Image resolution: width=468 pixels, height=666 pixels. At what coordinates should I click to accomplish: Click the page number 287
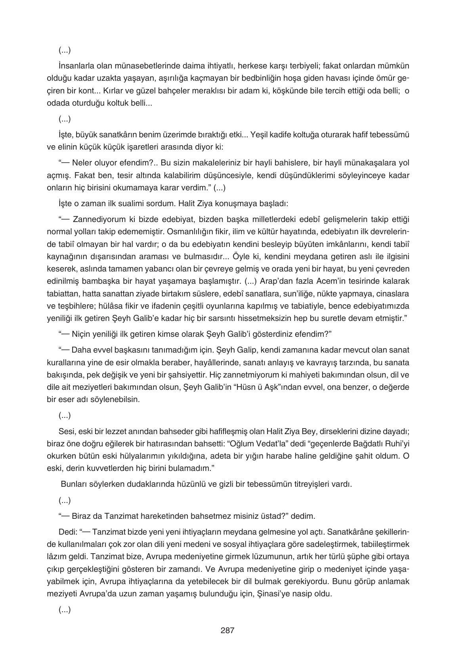click(227, 630)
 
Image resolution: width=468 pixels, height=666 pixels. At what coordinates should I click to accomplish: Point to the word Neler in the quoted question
click(82, 163)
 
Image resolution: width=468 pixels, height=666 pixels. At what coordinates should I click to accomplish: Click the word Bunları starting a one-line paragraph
click(72, 484)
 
